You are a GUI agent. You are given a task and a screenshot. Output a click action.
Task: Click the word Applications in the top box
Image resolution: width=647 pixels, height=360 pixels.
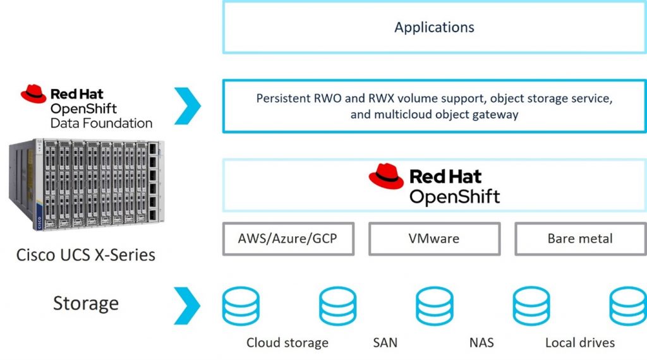tap(434, 27)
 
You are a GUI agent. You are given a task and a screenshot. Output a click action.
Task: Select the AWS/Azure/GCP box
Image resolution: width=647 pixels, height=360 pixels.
tap(288, 239)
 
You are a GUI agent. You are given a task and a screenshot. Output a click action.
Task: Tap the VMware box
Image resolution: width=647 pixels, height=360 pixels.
tap(434, 239)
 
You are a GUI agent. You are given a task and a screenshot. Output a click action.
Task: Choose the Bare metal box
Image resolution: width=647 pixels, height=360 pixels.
tap(580, 239)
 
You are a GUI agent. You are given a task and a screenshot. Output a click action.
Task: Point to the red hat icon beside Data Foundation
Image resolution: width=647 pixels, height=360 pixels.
tap(33, 95)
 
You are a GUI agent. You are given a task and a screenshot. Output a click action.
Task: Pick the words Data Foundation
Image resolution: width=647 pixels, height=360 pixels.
tap(101, 123)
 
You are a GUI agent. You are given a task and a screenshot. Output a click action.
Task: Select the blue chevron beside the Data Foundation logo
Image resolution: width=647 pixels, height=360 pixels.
tap(187, 106)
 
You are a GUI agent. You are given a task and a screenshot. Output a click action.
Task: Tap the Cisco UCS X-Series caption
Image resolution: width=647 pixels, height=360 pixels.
tap(85, 255)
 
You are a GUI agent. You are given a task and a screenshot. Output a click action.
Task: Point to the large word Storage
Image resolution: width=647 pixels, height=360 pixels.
tap(85, 303)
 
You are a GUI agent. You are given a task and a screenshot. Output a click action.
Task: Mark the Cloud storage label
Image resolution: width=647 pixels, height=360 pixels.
tap(287, 343)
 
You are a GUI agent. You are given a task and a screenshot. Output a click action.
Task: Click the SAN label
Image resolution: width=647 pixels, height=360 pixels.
tap(385, 343)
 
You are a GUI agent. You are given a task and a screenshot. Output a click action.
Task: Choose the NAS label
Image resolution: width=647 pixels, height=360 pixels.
tap(481, 343)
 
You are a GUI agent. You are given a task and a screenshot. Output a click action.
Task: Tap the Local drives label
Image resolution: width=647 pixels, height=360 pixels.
tap(579, 343)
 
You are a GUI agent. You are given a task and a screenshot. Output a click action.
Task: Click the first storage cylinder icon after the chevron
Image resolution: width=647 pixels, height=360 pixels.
tap(241, 306)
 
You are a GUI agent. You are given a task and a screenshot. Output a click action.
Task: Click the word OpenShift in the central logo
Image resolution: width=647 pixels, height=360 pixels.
tap(454, 196)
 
